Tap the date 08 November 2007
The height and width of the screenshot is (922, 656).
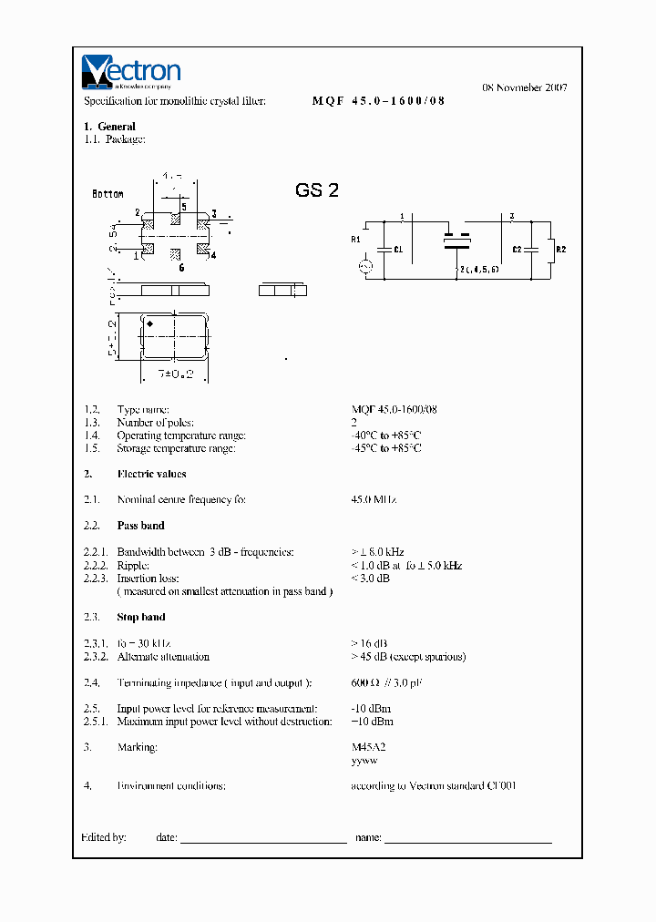point(524,88)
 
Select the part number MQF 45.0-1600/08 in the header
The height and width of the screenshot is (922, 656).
point(379,101)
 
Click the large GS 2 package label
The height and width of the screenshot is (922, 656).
point(317,190)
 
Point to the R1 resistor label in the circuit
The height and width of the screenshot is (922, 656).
point(355,240)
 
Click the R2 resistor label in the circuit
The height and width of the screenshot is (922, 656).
point(561,249)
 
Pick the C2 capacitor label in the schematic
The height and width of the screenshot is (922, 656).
point(517,249)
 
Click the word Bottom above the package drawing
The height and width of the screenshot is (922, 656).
point(108,194)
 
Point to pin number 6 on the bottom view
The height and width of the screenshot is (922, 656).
point(181,268)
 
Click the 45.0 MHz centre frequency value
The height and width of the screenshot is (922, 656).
point(374,500)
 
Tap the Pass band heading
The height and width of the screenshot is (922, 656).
point(140,526)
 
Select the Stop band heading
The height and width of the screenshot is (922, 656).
point(140,617)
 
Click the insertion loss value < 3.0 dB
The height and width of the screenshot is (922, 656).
point(371,579)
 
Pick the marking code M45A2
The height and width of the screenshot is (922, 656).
point(369,747)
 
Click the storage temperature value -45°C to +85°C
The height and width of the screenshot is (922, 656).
point(386,448)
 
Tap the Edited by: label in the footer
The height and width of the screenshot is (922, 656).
point(104,836)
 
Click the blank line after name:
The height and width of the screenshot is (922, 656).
point(468,839)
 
